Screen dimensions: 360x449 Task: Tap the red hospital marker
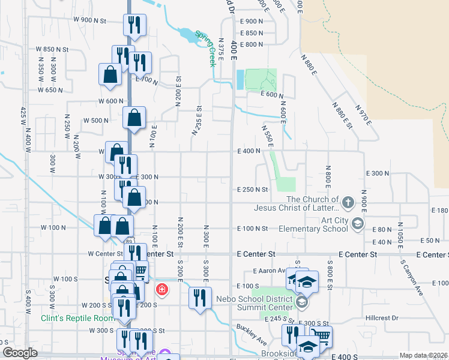click(x=161, y=290)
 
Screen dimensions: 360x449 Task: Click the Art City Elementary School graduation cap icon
click(x=358, y=224)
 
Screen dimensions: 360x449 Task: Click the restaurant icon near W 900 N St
click(x=134, y=25)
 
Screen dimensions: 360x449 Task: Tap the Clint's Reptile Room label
click(x=77, y=318)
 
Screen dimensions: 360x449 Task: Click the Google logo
click(x=20, y=353)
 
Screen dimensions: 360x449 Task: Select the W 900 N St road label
click(x=89, y=20)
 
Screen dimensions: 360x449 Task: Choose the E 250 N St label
click(x=252, y=189)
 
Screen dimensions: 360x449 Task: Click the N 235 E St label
click(x=196, y=119)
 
